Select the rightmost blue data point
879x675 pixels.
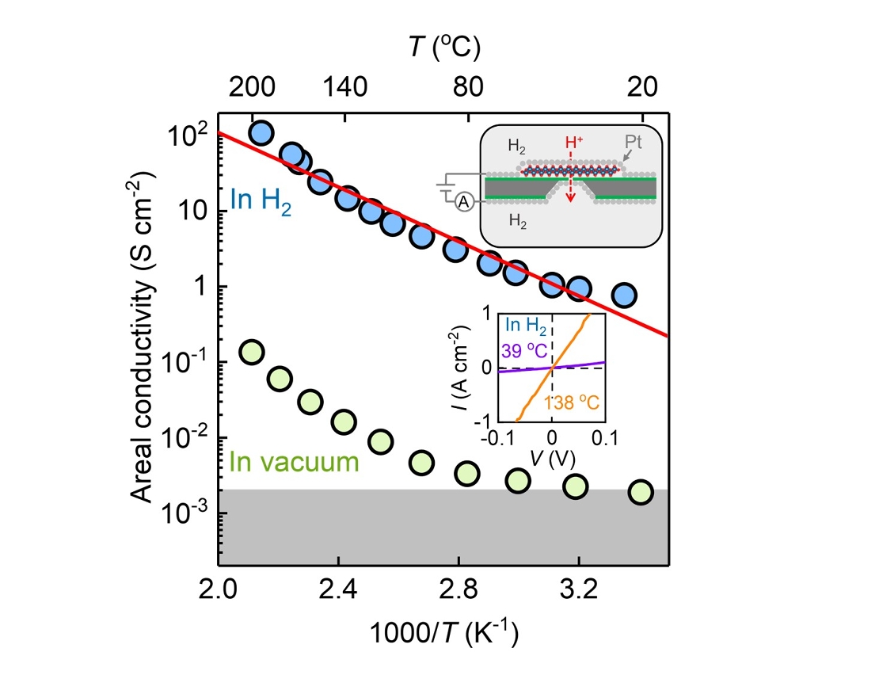pos(625,295)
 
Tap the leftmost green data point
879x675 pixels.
pos(251,352)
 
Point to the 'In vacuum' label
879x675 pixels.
pos(294,461)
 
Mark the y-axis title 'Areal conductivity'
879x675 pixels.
pos(142,315)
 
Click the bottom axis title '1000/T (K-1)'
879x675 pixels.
pos(443,635)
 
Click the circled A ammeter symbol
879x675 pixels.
pos(464,203)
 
